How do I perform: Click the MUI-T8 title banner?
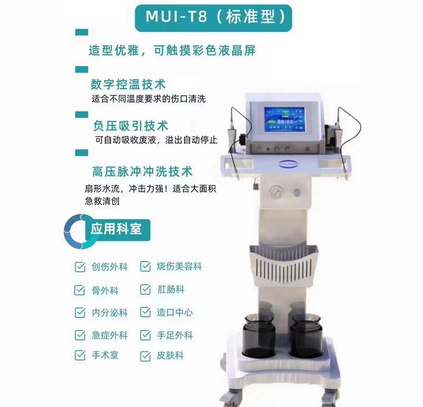tap(213, 18)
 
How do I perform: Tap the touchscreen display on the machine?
tap(284, 120)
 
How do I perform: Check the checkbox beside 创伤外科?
tap(80, 267)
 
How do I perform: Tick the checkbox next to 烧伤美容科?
tap(145, 266)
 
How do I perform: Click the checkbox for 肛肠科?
tap(145, 290)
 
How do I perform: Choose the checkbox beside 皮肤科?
tap(145, 356)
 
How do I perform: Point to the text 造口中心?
tap(175, 312)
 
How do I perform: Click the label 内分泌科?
tap(109, 313)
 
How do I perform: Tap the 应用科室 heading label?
tap(116, 229)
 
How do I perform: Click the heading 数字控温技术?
tap(128, 84)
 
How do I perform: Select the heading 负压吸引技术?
tap(131, 126)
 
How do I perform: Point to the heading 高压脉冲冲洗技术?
tap(142, 172)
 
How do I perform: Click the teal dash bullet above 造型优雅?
tap(82, 32)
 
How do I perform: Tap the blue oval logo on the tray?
tap(287, 163)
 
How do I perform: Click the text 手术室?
tap(105, 355)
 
